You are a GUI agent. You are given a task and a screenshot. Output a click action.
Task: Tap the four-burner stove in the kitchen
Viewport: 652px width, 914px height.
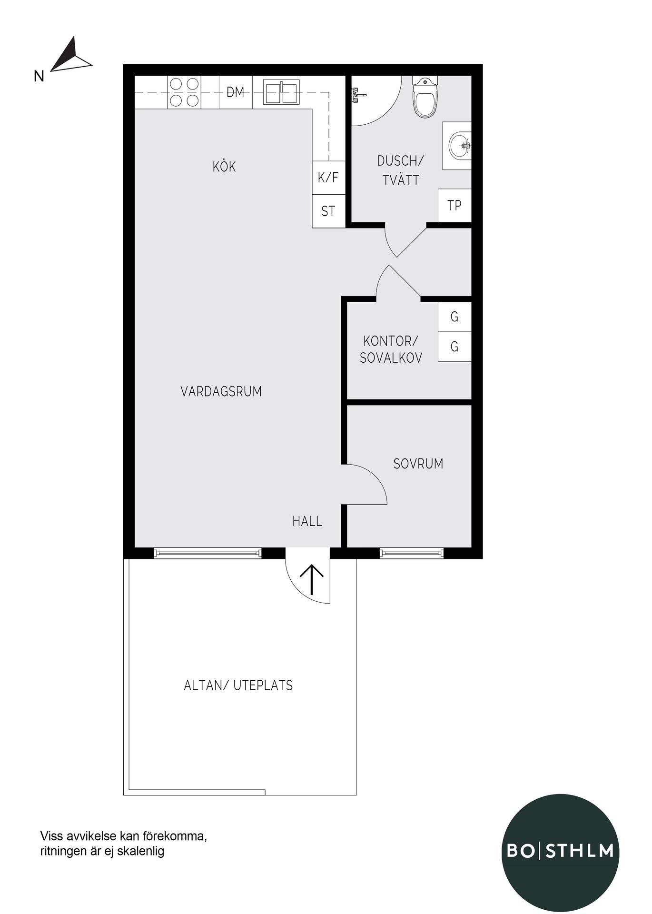184,92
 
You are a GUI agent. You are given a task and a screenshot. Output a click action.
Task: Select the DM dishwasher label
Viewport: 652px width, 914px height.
235,92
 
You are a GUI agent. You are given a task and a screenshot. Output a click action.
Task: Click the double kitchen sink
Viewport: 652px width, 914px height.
281,92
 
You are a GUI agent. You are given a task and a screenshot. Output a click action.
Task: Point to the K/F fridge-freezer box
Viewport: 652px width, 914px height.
328,178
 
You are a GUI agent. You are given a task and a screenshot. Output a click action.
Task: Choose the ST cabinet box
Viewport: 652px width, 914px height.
328,211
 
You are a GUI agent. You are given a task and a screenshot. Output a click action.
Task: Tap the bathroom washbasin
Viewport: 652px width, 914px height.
458,145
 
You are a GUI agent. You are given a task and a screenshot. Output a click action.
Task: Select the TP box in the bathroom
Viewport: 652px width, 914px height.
454,205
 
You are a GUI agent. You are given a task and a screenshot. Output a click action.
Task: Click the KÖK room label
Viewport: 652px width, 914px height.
224,167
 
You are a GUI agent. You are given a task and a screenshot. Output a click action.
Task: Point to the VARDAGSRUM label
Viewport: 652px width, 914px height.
221,391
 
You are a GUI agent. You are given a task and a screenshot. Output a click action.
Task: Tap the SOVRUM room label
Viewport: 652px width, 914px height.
418,464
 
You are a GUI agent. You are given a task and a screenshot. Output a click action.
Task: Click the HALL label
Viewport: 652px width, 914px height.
307,521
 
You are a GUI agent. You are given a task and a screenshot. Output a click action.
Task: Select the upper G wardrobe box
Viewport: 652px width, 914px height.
454,317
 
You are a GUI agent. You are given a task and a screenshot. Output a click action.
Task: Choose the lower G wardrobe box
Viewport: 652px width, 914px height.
454,347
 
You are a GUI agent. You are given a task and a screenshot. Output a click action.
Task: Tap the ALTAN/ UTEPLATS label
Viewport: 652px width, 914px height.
238,685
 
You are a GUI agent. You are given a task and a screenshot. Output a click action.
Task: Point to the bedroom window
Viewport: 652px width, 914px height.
412,553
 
